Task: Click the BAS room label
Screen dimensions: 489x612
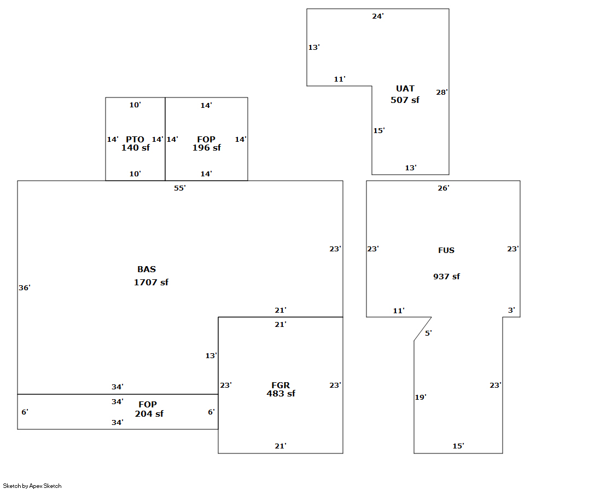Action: click(147, 269)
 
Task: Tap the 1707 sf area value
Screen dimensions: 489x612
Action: click(151, 283)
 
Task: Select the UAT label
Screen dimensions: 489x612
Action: click(405, 89)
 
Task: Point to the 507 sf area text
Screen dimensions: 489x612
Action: click(405, 100)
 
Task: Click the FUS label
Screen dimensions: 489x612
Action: click(446, 250)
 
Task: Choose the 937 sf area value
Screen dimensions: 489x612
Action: click(446, 277)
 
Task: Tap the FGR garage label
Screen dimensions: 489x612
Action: click(281, 386)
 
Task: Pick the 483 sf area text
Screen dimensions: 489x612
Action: click(281, 394)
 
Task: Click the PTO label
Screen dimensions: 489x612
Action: click(135, 140)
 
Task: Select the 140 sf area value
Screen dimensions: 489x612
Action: click(135, 148)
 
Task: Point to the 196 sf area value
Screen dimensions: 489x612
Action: click(207, 148)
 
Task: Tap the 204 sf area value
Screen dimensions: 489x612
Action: click(149, 414)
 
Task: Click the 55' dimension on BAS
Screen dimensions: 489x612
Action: click(180, 188)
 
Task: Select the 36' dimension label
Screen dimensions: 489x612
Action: click(25, 288)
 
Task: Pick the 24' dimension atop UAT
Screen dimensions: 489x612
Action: click(378, 16)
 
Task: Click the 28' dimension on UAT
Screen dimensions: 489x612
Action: click(442, 93)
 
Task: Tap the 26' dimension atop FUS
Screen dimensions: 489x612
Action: click(444, 188)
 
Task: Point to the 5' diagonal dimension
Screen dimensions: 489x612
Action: click(428, 333)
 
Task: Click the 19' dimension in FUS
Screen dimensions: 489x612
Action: click(421, 398)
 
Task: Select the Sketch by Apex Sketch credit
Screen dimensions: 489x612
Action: click(32, 486)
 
